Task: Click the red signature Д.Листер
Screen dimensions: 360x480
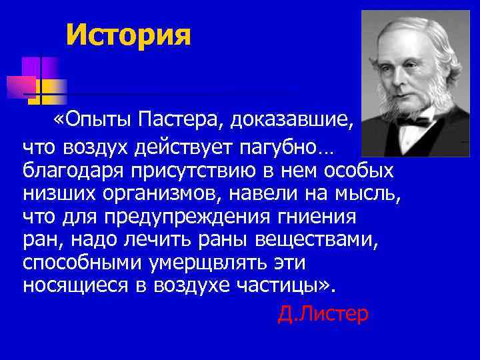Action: (x=322, y=313)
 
